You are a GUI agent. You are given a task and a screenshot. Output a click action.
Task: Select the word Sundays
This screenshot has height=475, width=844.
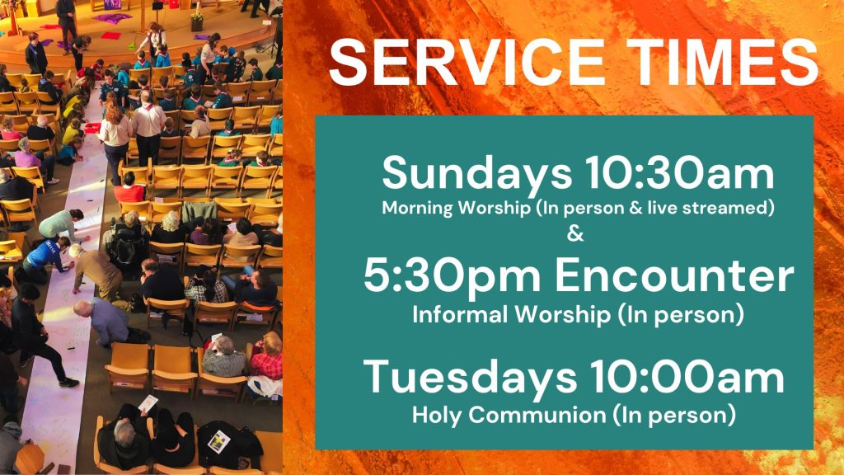(x=477, y=173)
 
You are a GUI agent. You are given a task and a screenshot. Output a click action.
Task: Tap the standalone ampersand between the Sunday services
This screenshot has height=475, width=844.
(x=575, y=234)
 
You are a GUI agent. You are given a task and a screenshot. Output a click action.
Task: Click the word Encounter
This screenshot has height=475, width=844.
(x=674, y=275)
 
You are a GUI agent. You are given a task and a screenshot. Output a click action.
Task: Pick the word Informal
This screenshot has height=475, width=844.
(x=458, y=314)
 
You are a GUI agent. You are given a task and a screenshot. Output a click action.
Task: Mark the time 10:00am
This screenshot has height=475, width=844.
(x=688, y=378)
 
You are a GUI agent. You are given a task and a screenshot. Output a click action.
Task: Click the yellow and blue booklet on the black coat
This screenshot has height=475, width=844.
(x=218, y=442)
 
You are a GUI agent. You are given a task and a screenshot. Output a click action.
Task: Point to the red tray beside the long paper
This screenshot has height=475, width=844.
(x=92, y=128)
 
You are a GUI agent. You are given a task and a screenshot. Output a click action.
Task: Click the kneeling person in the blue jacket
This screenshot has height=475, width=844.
(x=47, y=258)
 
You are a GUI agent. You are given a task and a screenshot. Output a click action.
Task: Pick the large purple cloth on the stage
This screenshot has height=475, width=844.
(x=112, y=18)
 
